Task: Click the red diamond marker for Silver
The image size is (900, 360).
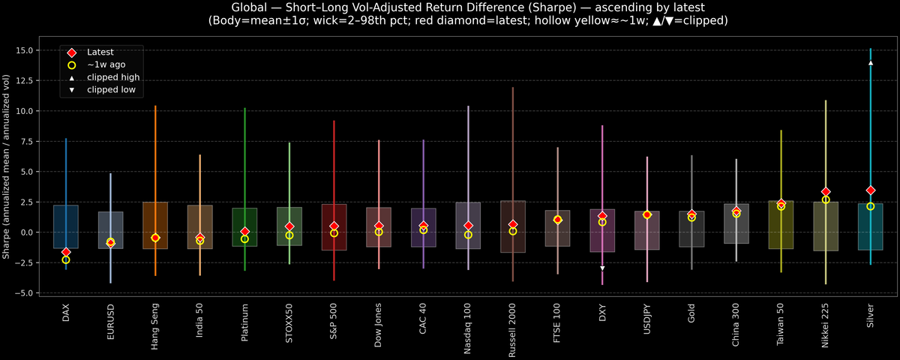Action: tap(870, 190)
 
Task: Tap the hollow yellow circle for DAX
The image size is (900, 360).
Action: tap(66, 259)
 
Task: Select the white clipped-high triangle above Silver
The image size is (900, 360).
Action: tap(870, 63)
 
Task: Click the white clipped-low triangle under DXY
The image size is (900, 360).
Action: tap(602, 268)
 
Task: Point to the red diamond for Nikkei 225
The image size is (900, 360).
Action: tap(826, 192)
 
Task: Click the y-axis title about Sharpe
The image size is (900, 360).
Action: tap(7, 166)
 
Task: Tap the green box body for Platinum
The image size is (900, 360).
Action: tap(244, 226)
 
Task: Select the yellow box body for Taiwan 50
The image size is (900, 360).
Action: tap(781, 225)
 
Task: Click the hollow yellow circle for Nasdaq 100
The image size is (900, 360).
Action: tap(468, 235)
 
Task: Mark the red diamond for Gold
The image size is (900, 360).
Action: tap(691, 214)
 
